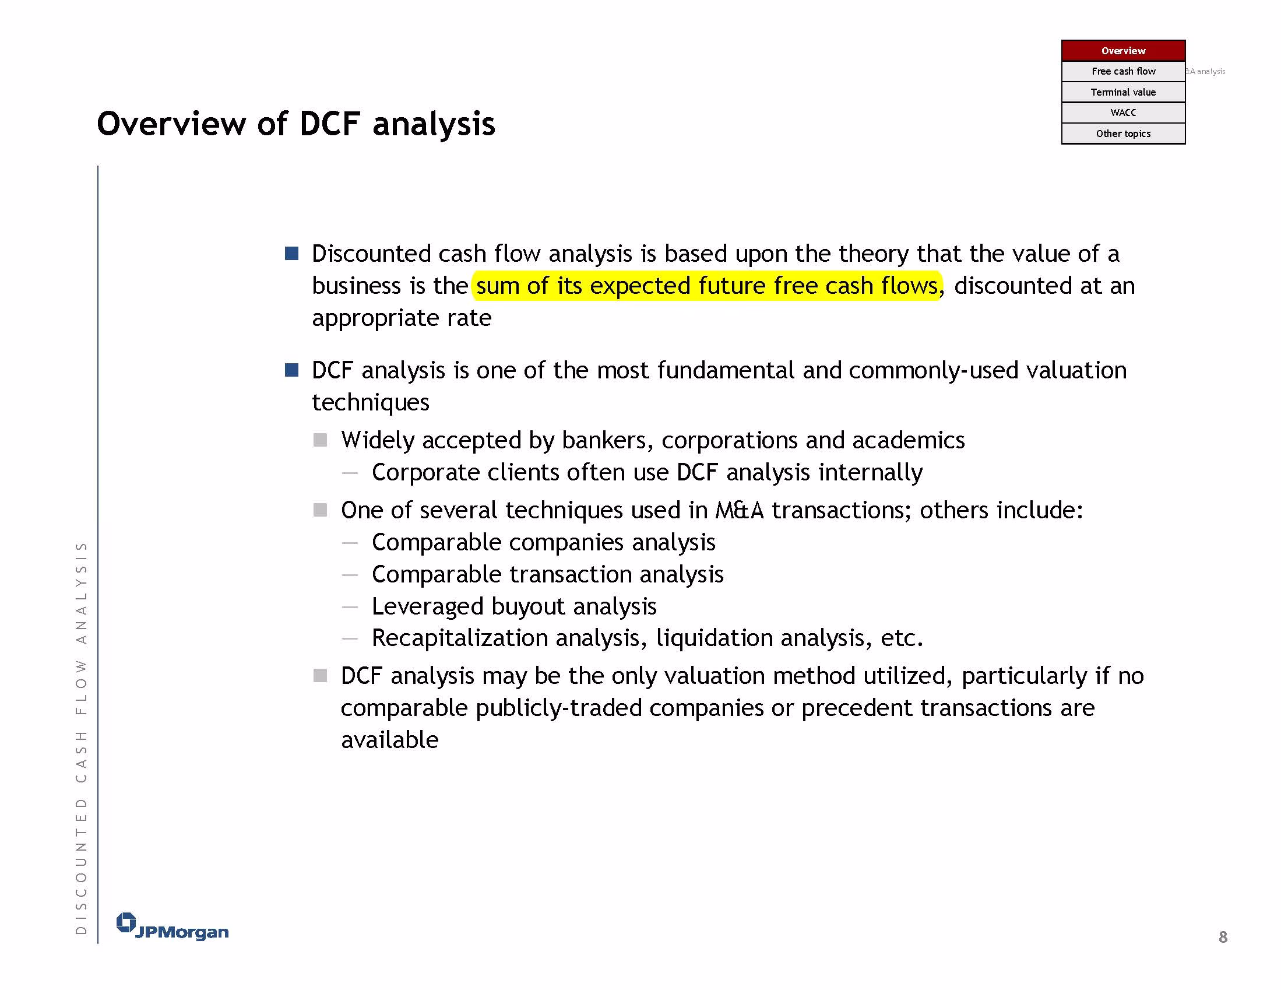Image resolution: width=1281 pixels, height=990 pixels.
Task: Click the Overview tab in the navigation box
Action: point(1123,51)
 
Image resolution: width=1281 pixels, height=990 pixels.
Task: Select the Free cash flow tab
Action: point(1123,71)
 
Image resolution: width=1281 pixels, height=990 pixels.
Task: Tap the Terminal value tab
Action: point(1123,92)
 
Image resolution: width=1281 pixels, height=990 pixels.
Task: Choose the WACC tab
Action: point(1123,113)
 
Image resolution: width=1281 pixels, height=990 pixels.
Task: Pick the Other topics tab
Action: point(1123,134)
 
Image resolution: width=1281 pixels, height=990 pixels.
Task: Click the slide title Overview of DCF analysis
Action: point(296,124)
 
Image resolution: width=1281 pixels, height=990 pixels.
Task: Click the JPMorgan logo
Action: point(173,926)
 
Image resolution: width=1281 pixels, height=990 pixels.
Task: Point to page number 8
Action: point(1223,936)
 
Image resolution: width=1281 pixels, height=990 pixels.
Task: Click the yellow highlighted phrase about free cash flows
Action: point(707,286)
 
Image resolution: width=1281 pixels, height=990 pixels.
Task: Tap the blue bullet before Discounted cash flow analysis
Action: point(291,254)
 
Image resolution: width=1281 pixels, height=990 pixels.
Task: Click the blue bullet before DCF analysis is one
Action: point(291,370)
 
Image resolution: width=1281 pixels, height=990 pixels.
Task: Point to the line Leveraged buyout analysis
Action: point(514,606)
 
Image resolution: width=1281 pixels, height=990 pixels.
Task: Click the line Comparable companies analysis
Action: point(544,542)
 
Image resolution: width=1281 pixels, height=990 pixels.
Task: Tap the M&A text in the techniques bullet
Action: point(740,510)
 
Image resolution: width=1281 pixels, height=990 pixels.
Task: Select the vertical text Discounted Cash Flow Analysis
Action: point(81,737)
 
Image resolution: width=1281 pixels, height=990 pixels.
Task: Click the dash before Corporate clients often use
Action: point(350,473)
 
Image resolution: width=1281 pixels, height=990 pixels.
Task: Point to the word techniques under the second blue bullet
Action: point(371,402)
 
